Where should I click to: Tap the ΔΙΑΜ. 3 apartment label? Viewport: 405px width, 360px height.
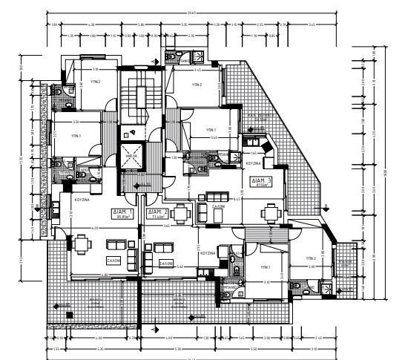tap(261, 180)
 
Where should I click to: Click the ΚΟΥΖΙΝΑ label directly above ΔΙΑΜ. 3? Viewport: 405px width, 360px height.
tap(253, 163)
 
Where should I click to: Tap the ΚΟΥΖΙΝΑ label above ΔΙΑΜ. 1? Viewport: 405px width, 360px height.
tap(82, 200)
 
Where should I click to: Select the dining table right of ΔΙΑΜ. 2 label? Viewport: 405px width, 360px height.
tap(182, 212)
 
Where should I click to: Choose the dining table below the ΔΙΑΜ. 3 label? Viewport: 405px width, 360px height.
tap(269, 212)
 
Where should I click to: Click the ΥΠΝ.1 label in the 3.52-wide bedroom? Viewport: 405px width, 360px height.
tap(76, 137)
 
